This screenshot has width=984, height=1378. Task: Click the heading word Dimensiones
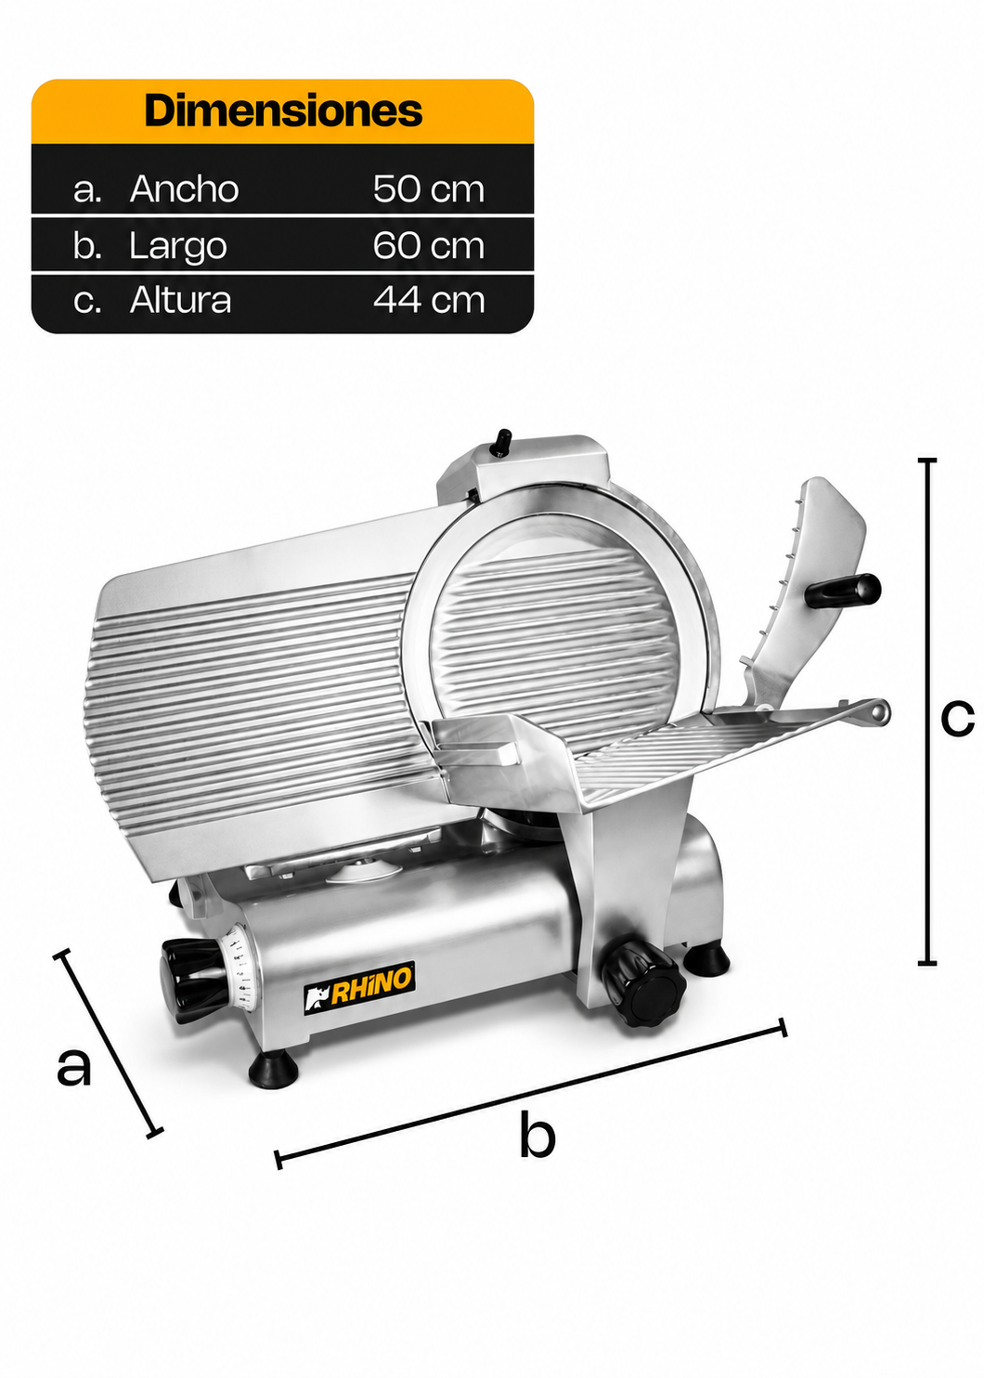(283, 110)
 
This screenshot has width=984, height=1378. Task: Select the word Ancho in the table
(184, 188)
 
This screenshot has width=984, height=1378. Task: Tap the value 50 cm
(429, 188)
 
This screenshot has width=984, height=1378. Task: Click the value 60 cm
(429, 245)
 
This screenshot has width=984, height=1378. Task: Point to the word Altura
(180, 300)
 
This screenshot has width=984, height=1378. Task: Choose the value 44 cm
(429, 300)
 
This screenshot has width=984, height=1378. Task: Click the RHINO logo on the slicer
(359, 997)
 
